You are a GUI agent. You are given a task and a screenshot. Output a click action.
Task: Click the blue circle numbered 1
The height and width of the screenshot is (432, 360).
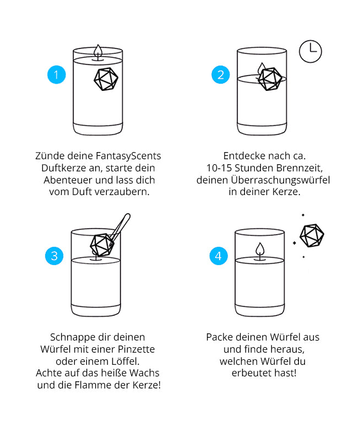pos(57,75)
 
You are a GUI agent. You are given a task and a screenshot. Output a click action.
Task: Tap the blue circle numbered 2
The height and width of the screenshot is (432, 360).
pos(221,75)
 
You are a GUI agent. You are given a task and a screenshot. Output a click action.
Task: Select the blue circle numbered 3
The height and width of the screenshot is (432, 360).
pos(54,256)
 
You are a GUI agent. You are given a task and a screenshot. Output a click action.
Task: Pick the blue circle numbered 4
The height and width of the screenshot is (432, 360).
pos(219,256)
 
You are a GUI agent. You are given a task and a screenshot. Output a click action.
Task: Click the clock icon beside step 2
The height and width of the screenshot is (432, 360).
pos(310,51)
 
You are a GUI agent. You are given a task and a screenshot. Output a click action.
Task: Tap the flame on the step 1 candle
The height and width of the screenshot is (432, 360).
pos(98,51)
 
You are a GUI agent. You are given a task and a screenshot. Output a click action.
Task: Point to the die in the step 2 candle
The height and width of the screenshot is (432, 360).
pos(270,79)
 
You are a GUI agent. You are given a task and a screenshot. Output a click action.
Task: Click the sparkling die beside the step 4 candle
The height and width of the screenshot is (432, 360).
pos(312,236)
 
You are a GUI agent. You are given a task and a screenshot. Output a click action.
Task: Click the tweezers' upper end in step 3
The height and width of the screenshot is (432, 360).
pos(127,217)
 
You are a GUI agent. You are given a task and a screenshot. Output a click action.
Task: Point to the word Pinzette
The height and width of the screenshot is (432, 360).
pos(137,349)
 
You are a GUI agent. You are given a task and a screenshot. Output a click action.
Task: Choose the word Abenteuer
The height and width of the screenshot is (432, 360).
pos(69,180)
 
